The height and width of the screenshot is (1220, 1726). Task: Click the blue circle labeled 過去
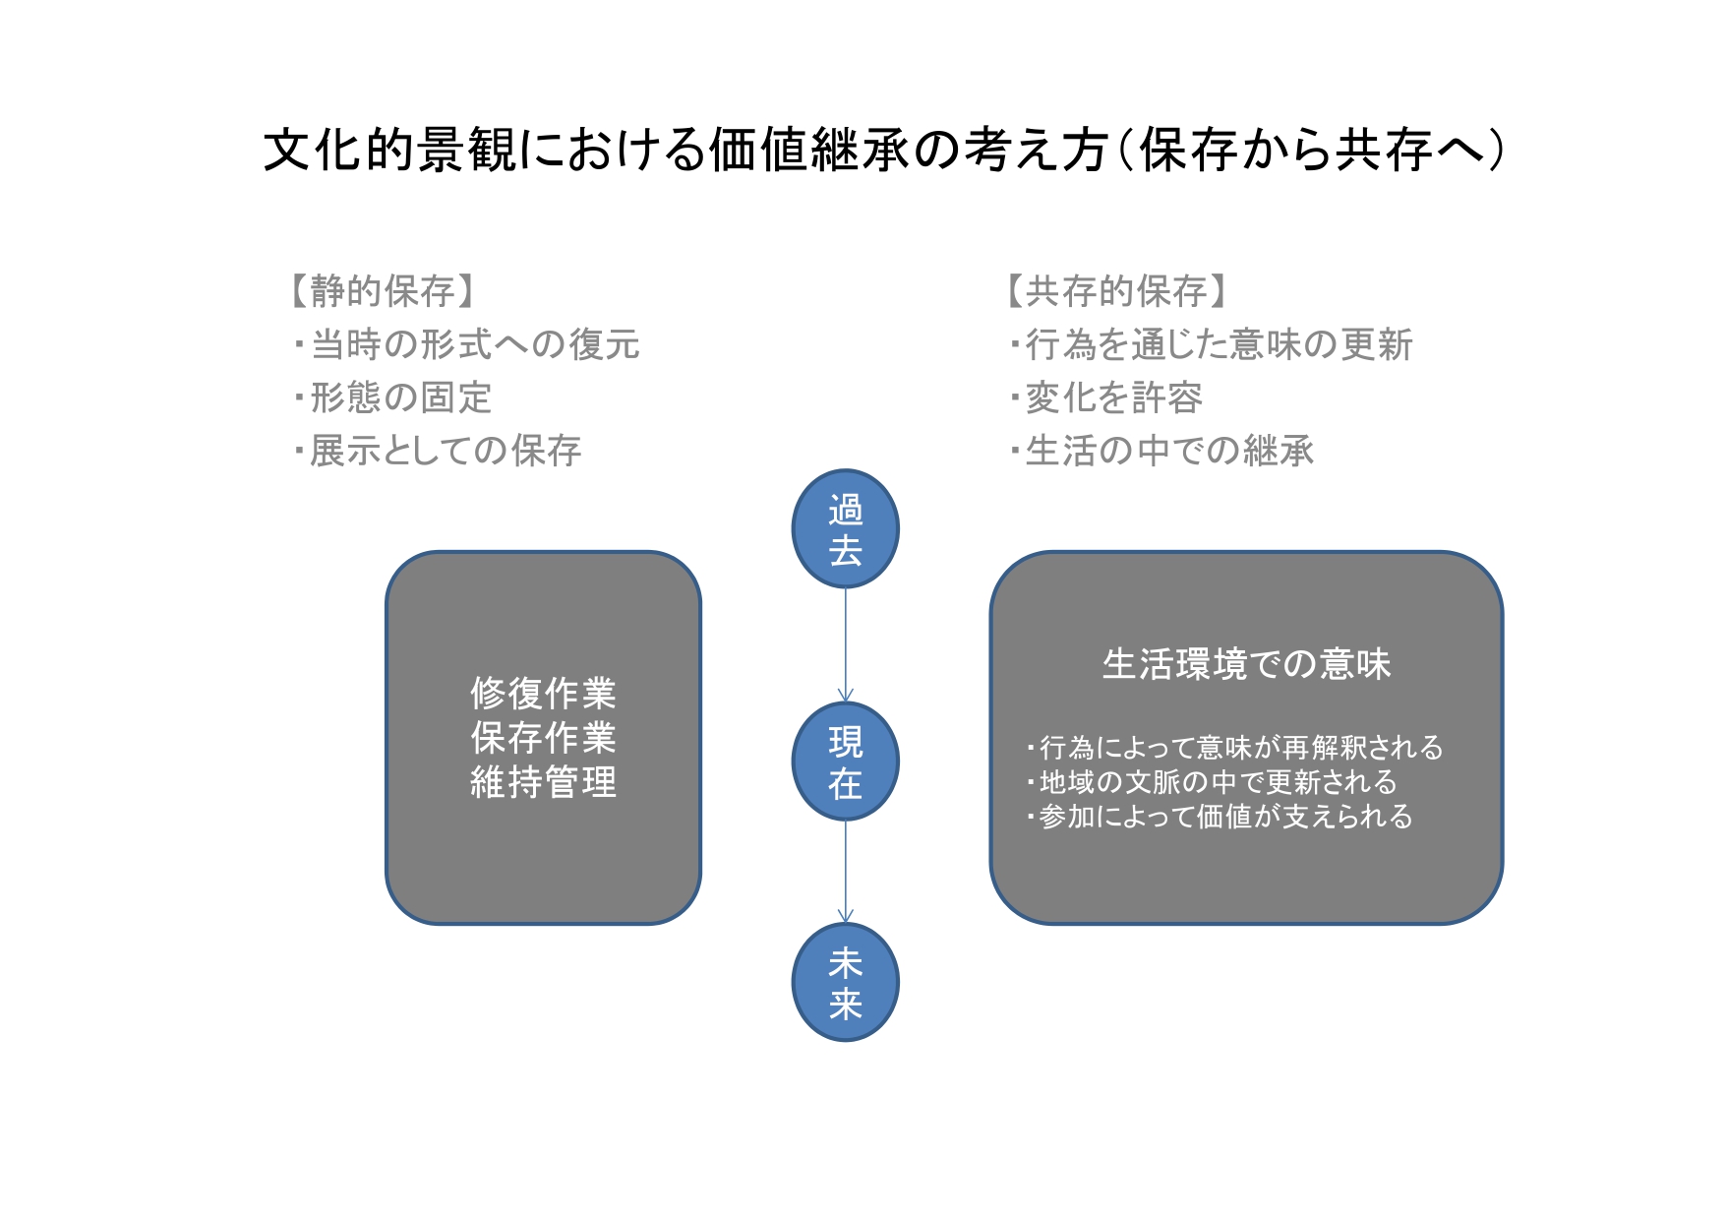click(845, 529)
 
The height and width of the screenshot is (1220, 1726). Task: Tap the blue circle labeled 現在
click(845, 762)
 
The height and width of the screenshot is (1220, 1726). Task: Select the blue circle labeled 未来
click(845, 982)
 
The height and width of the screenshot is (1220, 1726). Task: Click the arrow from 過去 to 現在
click(845, 645)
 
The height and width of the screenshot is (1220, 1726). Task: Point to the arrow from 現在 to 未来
click(845, 872)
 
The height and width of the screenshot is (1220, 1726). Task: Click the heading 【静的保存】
click(383, 291)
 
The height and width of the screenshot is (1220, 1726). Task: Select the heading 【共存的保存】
click(1116, 291)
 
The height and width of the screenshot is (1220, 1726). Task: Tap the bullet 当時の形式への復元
click(467, 344)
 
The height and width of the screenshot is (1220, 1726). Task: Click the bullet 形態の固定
click(393, 397)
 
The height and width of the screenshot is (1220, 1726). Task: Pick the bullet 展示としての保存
click(439, 451)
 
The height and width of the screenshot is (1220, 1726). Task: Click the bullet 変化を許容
click(1106, 397)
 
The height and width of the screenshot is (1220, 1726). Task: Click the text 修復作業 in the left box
click(543, 694)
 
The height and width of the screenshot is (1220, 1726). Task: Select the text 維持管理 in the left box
click(543, 782)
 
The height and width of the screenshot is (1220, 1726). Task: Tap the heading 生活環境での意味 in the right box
click(1246, 664)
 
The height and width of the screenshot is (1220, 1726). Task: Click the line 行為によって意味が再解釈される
click(1234, 748)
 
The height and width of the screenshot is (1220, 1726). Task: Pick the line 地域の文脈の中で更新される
click(1211, 782)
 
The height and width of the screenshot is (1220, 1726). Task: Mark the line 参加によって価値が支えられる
click(1219, 817)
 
